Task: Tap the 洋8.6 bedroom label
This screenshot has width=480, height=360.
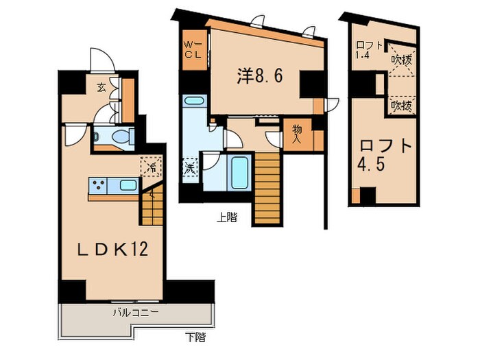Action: [260, 76]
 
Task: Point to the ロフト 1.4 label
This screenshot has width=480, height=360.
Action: [364, 52]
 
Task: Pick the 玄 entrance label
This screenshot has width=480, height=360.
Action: [101, 88]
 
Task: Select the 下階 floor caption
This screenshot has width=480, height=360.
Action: [194, 337]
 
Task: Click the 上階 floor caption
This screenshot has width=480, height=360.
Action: [226, 218]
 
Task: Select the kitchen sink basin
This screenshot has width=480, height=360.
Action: [127, 184]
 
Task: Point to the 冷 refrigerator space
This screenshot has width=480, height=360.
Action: [149, 167]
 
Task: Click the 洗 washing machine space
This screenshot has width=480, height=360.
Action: [189, 168]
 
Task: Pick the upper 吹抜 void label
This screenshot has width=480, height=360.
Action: [401, 60]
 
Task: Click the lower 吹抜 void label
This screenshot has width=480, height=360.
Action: [401, 106]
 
